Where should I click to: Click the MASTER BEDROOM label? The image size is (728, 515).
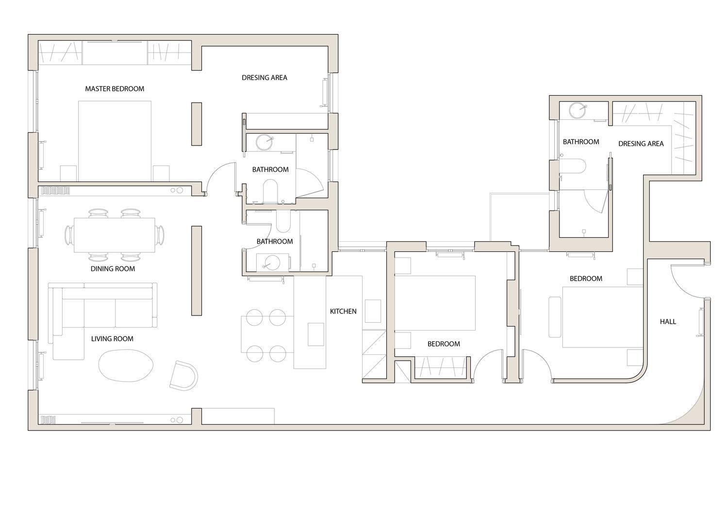[x=115, y=89]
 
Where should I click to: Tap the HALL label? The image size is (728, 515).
[x=668, y=321]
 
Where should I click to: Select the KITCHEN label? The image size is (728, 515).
[x=343, y=311]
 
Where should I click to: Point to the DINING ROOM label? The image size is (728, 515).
[x=113, y=268]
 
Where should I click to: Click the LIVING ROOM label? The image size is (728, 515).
[x=112, y=339]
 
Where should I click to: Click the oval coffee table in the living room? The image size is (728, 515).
[x=126, y=365]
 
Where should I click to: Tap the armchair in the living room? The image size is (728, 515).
[x=183, y=376]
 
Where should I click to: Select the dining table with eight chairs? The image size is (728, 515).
[x=115, y=235]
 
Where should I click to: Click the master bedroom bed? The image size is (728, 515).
[x=115, y=141]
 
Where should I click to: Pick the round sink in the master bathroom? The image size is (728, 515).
[x=264, y=142]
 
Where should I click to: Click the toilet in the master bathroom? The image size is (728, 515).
[x=270, y=192]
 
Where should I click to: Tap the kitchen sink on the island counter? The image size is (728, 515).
[x=316, y=334]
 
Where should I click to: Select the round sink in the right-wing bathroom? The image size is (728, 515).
[x=577, y=110]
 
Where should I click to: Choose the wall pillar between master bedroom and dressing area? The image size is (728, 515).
[x=196, y=124]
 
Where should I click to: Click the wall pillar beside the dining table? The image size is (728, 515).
[x=196, y=270]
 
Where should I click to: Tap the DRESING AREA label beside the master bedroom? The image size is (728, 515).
[x=265, y=78]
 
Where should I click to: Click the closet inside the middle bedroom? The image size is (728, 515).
[x=441, y=367]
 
